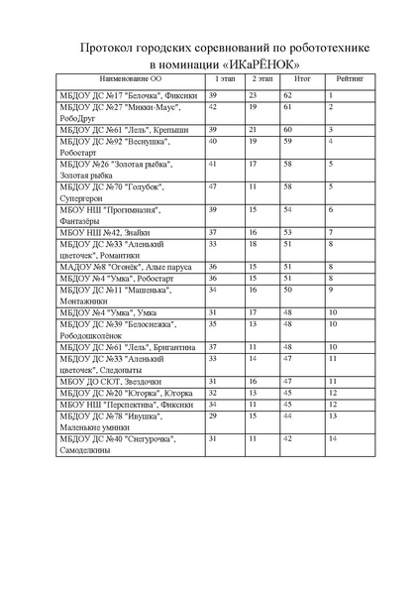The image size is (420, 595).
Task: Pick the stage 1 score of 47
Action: click(x=213, y=185)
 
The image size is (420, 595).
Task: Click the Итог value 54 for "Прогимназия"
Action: click(x=288, y=210)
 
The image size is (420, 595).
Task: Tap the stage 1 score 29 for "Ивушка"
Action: click(x=212, y=416)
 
